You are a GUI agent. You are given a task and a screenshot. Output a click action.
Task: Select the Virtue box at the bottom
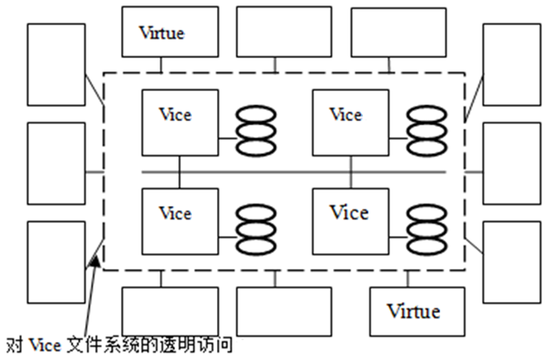413,310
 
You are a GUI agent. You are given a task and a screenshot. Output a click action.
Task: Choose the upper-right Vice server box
350,122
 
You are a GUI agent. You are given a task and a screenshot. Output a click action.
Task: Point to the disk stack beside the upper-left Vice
256,130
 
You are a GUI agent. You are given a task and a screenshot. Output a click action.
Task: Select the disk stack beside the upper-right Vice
427,130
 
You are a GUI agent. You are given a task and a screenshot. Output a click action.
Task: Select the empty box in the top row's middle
284,32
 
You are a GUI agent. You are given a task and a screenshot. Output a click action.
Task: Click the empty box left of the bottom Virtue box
284,310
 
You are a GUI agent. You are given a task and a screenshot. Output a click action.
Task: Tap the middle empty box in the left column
56,163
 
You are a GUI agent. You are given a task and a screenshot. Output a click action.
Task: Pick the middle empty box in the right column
511,163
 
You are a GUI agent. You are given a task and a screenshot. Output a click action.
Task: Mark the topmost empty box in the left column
56,64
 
